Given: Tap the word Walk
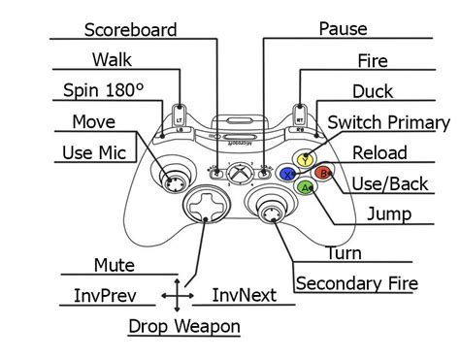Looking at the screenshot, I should (112, 60).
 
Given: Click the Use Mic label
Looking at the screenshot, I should (91, 152).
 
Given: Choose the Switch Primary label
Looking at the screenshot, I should (388, 122).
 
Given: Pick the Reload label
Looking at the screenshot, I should (379, 152).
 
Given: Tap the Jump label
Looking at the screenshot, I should (388, 213).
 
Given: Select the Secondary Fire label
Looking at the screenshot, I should (356, 283).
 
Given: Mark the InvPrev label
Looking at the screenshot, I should (105, 295).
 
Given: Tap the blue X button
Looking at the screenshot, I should (287, 174).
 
